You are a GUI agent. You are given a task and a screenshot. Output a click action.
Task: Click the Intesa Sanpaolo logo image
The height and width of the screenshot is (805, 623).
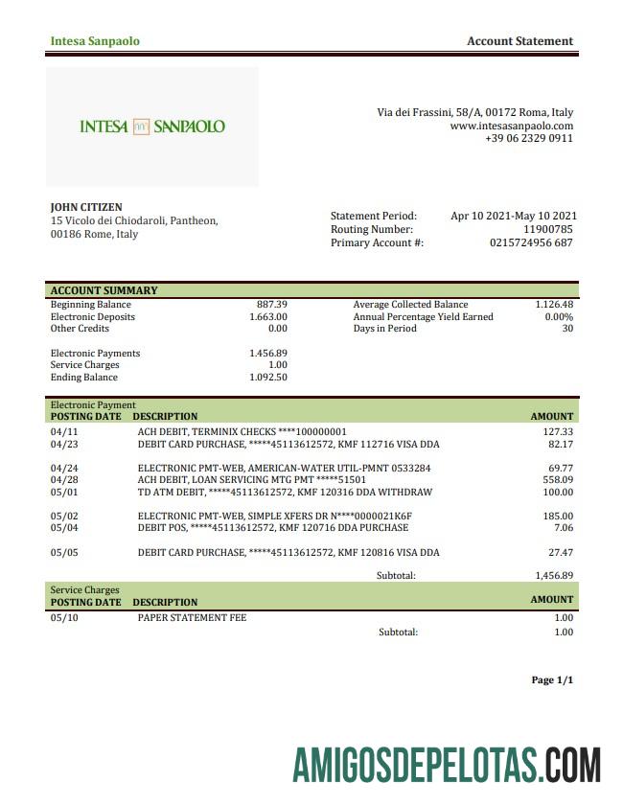tap(152, 126)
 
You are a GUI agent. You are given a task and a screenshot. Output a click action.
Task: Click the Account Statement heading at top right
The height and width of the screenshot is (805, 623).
tap(519, 41)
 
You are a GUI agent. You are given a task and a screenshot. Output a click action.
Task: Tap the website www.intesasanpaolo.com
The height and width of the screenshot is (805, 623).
tap(511, 126)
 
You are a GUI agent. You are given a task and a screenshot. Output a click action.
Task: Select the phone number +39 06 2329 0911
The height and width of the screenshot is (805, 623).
tap(529, 138)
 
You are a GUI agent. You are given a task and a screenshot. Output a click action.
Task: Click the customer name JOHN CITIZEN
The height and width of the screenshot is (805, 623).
tap(86, 207)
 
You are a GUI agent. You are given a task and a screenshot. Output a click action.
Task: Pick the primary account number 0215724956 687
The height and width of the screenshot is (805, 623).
tap(531, 243)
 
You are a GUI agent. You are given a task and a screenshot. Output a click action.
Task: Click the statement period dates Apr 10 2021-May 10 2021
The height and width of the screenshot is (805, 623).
tap(513, 217)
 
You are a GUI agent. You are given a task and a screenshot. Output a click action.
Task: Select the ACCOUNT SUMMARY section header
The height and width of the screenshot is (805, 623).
tap(104, 290)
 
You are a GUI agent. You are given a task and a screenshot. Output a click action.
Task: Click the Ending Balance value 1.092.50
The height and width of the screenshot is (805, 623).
tap(268, 378)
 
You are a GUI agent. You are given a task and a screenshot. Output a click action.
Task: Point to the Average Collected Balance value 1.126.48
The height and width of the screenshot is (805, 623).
tap(554, 305)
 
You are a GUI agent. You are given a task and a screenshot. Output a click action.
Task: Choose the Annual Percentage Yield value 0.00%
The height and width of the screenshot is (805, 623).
tap(559, 317)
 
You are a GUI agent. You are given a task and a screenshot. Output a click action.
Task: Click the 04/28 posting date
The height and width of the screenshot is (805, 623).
tap(63, 480)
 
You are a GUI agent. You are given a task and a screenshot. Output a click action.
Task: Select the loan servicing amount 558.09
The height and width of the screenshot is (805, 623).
tap(557, 480)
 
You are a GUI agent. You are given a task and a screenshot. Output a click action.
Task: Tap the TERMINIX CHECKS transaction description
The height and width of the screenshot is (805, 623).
tap(242, 432)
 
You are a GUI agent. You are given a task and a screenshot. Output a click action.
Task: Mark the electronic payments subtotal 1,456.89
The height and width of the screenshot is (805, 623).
tap(553, 576)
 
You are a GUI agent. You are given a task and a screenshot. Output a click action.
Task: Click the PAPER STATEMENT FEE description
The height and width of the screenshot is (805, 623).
tap(192, 618)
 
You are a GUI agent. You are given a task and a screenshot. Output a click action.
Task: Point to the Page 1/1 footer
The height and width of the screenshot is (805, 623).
tap(552, 680)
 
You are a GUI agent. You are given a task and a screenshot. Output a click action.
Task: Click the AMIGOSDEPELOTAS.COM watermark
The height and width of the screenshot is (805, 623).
tap(447, 766)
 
